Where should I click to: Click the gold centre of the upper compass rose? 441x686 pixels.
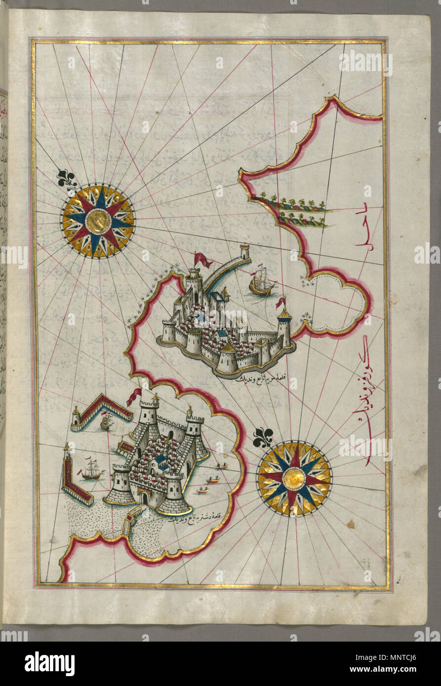click(98, 221)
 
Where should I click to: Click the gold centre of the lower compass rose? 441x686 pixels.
click(294, 479)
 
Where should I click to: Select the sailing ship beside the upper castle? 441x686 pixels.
click(262, 283)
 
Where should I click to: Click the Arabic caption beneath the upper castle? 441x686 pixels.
click(259, 381)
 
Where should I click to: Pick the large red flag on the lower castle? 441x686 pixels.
click(134, 396)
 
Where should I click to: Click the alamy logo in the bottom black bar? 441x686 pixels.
click(49, 663)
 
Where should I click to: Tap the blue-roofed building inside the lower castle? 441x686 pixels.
click(160, 461)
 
